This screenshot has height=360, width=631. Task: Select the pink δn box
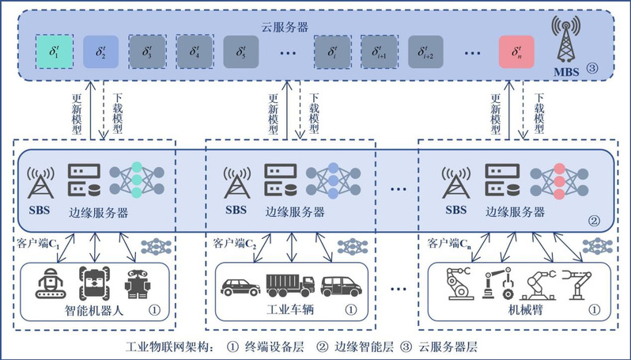coord(516,54)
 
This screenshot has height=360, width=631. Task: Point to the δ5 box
coord(241,54)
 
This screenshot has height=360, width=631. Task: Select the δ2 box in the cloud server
coord(99,54)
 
